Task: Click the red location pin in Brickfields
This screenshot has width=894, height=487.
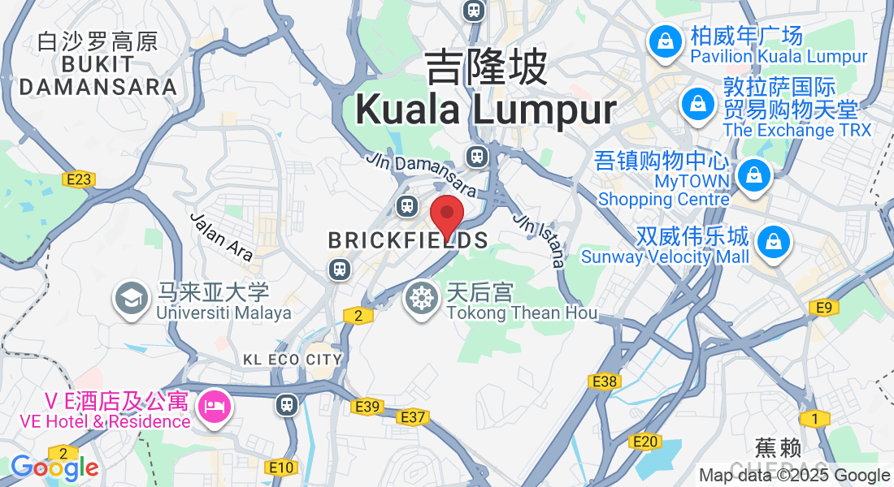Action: pos(446,216)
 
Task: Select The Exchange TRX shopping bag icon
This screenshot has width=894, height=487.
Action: pos(697,104)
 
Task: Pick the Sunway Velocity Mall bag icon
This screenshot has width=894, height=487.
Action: pos(774,242)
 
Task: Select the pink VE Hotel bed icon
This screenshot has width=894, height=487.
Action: pos(215,403)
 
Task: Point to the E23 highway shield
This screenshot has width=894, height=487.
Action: pos(78,179)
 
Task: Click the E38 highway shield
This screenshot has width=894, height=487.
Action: pos(605,381)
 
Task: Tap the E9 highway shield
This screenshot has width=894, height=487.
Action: pos(824,308)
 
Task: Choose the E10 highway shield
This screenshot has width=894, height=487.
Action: pos(281,467)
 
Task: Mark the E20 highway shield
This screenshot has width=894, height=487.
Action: pos(644,442)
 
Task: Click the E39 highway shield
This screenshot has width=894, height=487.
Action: pos(368,407)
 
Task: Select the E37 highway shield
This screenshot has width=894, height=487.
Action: pos(413,417)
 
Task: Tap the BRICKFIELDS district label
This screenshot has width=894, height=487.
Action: pos(408,240)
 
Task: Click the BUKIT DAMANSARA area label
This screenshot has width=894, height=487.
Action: pos(98,75)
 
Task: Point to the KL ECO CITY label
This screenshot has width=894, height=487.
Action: pos(293,359)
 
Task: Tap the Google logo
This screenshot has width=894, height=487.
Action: pos(54,468)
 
